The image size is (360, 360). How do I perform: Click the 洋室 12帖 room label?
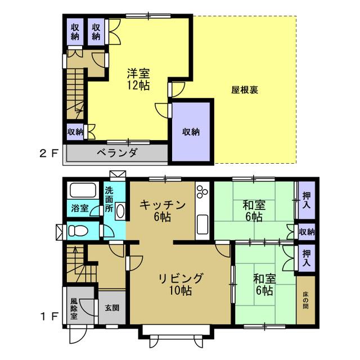(x=138, y=79)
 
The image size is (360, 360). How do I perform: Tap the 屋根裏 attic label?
(x=245, y=90)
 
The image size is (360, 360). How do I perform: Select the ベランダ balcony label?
(x=118, y=152)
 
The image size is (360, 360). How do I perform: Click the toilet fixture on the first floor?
(x=78, y=230)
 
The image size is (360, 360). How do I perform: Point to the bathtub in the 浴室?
(x=83, y=190)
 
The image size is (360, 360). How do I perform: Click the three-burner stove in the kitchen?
(x=202, y=191)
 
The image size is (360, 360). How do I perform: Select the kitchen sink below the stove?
(x=202, y=224)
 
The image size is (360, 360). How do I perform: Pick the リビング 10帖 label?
(x=181, y=284)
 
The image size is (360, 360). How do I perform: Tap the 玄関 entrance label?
(x=112, y=308)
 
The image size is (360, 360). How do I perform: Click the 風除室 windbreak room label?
(x=74, y=308)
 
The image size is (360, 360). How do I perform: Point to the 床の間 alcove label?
(x=305, y=300)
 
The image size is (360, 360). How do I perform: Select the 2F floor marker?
(x=48, y=154)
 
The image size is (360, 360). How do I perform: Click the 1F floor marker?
(x=49, y=317)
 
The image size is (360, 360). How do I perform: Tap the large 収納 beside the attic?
(x=191, y=132)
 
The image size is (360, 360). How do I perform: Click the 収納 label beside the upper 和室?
(x=307, y=232)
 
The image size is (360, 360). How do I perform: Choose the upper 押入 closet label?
(x=307, y=200)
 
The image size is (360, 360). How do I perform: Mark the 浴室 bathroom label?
(x=80, y=208)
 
